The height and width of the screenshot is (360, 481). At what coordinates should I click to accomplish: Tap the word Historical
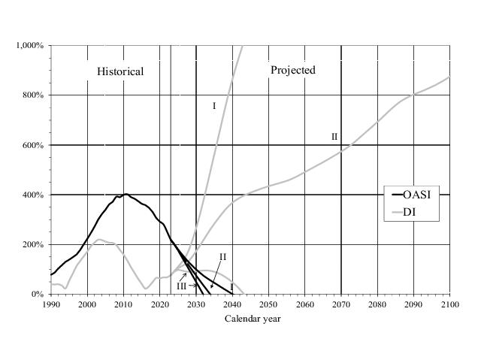[120, 71]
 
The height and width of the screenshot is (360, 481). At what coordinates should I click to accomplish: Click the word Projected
[293, 70]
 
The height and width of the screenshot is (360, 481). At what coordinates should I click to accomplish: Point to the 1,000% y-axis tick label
[31, 46]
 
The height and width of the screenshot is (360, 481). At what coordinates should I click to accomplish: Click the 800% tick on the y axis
[35, 95]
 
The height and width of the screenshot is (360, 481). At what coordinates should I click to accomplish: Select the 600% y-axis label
[35, 145]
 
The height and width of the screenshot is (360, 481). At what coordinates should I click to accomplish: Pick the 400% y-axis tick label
[35, 195]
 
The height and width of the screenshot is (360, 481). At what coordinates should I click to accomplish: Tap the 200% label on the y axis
[35, 244]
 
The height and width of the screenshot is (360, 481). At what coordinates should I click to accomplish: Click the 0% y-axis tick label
[38, 294]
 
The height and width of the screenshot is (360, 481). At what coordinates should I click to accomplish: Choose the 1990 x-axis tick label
[51, 304]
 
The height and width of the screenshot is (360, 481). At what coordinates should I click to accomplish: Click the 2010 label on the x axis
[123, 304]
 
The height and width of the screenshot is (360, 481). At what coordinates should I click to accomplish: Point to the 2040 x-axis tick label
[232, 304]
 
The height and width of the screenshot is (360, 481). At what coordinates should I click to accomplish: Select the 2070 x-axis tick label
[341, 304]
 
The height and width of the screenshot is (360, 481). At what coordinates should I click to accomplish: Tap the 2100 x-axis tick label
[449, 304]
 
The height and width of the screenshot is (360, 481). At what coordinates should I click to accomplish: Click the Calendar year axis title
[251, 319]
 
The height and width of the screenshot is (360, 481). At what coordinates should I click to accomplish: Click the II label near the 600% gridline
[334, 137]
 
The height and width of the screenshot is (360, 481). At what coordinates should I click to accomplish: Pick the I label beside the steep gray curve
[214, 106]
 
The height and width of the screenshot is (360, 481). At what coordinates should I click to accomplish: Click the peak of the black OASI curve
[126, 194]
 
